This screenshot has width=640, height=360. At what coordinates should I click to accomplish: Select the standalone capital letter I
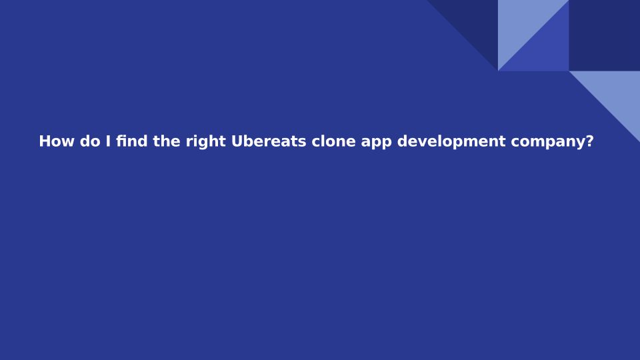(108, 141)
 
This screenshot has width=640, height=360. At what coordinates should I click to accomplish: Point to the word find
(132, 141)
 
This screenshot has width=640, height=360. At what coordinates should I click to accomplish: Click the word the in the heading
(167, 141)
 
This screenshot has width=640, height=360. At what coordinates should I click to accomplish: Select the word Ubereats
(269, 141)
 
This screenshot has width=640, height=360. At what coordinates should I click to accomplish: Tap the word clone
(333, 141)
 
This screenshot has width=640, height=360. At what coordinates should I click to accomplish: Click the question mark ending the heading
(589, 141)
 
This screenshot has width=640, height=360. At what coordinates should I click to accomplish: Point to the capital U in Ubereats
(237, 141)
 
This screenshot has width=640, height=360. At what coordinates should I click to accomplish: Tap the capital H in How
(45, 141)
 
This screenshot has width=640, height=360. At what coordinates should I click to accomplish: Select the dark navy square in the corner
(605, 35)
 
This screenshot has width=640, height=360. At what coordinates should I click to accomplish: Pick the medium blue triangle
(545, 48)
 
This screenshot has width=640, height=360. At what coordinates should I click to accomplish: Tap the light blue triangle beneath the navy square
(616, 94)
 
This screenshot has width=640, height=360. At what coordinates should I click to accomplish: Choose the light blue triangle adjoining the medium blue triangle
(521, 23)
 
